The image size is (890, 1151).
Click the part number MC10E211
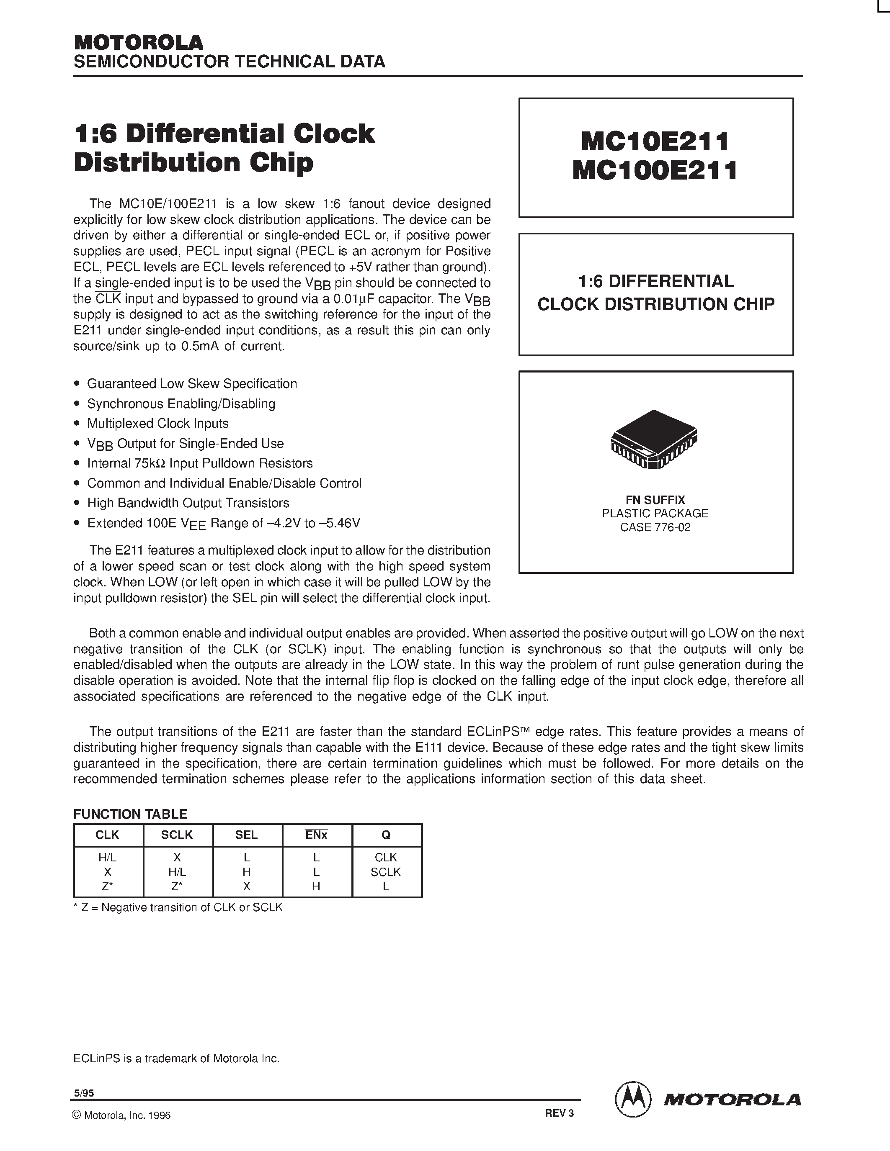tap(655, 141)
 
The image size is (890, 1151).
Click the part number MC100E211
tap(655, 170)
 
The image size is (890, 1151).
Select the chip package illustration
tap(654, 439)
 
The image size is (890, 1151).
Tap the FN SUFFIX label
tap(655, 500)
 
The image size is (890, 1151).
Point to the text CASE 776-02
tap(655, 527)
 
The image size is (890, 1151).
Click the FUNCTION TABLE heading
tap(130, 814)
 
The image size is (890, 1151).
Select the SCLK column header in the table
tap(177, 835)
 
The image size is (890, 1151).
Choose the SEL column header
tap(246, 835)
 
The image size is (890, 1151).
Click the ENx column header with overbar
tap(316, 835)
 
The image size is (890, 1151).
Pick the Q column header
tap(386, 835)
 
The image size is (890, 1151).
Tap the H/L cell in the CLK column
tap(108, 858)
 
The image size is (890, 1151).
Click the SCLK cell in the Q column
tap(386, 872)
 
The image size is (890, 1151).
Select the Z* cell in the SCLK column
tap(177, 886)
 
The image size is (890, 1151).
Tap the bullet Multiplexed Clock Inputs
tap(157, 424)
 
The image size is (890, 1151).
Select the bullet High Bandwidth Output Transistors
tap(188, 503)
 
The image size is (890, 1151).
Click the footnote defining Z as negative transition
tap(178, 907)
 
